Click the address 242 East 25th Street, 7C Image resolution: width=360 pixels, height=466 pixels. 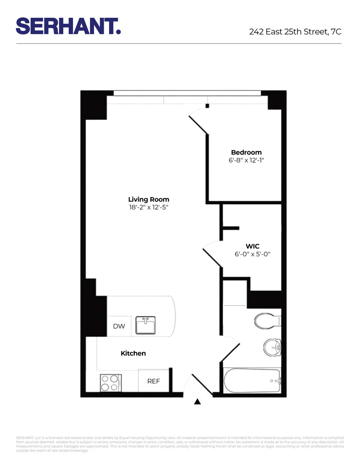(295, 32)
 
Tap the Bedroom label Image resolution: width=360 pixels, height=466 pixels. (246, 152)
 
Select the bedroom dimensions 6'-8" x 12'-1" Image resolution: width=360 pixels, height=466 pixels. (246, 161)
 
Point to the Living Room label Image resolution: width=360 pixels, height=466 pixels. (149, 199)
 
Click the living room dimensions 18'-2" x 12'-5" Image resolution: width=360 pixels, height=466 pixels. (149, 208)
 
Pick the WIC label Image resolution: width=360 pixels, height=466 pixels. (252, 246)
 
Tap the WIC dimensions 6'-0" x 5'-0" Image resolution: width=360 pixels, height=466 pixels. (252, 254)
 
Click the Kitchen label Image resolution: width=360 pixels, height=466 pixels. (133, 354)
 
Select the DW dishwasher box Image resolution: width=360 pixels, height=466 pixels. (119, 326)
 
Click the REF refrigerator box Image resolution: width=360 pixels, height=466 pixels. (154, 381)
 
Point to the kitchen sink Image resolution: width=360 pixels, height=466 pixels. (146, 325)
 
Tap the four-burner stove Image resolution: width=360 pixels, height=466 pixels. (111, 383)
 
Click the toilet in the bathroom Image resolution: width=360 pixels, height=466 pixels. (266, 320)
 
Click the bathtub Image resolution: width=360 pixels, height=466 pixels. (252, 381)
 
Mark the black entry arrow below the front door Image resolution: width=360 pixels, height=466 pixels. (197, 401)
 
